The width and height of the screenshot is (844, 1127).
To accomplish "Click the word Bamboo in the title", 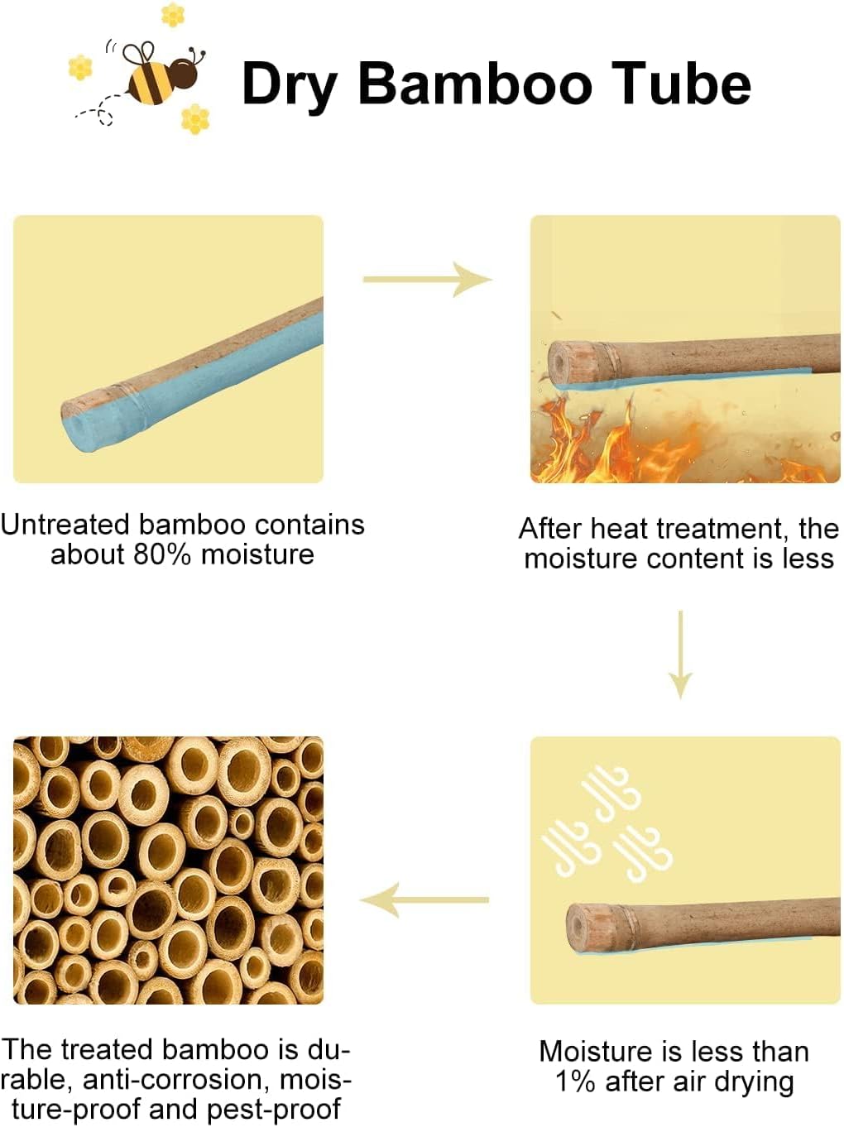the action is click(x=475, y=84).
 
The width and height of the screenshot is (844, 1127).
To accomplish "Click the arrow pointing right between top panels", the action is click(x=427, y=279).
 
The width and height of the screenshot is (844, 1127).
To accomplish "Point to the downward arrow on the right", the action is click(x=680, y=655).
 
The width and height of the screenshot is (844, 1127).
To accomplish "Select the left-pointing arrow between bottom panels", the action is click(x=424, y=899).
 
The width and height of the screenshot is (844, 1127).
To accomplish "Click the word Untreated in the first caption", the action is click(x=65, y=525).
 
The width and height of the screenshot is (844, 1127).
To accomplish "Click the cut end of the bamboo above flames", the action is click(x=563, y=363).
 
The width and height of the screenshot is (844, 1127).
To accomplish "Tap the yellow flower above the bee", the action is click(x=173, y=14).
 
